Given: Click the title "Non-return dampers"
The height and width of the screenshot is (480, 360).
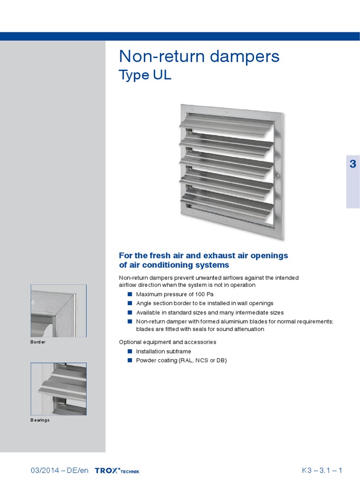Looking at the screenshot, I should click(x=199, y=56).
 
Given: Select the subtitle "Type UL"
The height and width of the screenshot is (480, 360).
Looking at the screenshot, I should click(x=145, y=75).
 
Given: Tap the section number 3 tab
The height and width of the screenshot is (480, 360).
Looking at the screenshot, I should click(x=352, y=164).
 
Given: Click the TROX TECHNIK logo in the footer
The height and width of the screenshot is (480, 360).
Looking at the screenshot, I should click(x=117, y=470).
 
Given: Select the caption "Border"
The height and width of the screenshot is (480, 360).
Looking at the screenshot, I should click(x=38, y=342).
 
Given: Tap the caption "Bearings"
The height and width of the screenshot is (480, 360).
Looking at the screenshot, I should click(x=40, y=420).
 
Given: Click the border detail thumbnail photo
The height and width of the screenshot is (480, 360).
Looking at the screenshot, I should click(x=59, y=311).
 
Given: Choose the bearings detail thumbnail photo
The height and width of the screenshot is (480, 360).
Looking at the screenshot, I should click(x=59, y=389).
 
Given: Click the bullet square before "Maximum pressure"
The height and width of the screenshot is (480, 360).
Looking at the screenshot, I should click(x=130, y=294).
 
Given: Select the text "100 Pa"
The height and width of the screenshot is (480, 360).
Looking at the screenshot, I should click(x=204, y=294).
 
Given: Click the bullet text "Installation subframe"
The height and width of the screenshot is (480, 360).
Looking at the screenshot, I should click(x=164, y=351).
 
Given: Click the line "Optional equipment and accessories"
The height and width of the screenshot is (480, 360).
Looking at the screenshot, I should click(x=167, y=342).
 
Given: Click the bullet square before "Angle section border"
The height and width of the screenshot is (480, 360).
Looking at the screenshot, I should click(x=130, y=303).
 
